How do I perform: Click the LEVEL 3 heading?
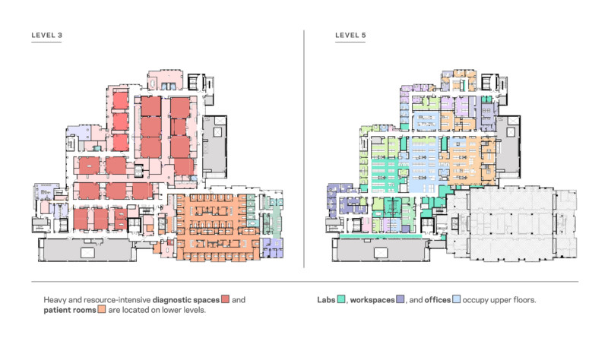coord(46,35)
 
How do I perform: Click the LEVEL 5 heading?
coord(350,35)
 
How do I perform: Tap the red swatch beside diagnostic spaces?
coord(225,299)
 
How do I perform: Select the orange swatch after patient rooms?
coord(102,309)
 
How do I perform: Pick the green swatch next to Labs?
coord(341,299)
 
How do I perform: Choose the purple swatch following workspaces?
coord(401,299)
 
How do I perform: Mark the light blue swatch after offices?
coord(457,299)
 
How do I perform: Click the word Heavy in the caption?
coord(53,300)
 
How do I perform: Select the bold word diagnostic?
coord(169,300)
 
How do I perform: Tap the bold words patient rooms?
coord(70,310)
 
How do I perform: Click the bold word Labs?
coord(326,300)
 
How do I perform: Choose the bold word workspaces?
coord(372,300)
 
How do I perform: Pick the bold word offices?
coord(438,300)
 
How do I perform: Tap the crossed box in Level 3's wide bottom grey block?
coord(87,253)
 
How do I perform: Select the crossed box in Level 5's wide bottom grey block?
coord(381,253)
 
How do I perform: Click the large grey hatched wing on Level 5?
coord(511,223)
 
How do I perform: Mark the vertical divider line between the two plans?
coord(304,149)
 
